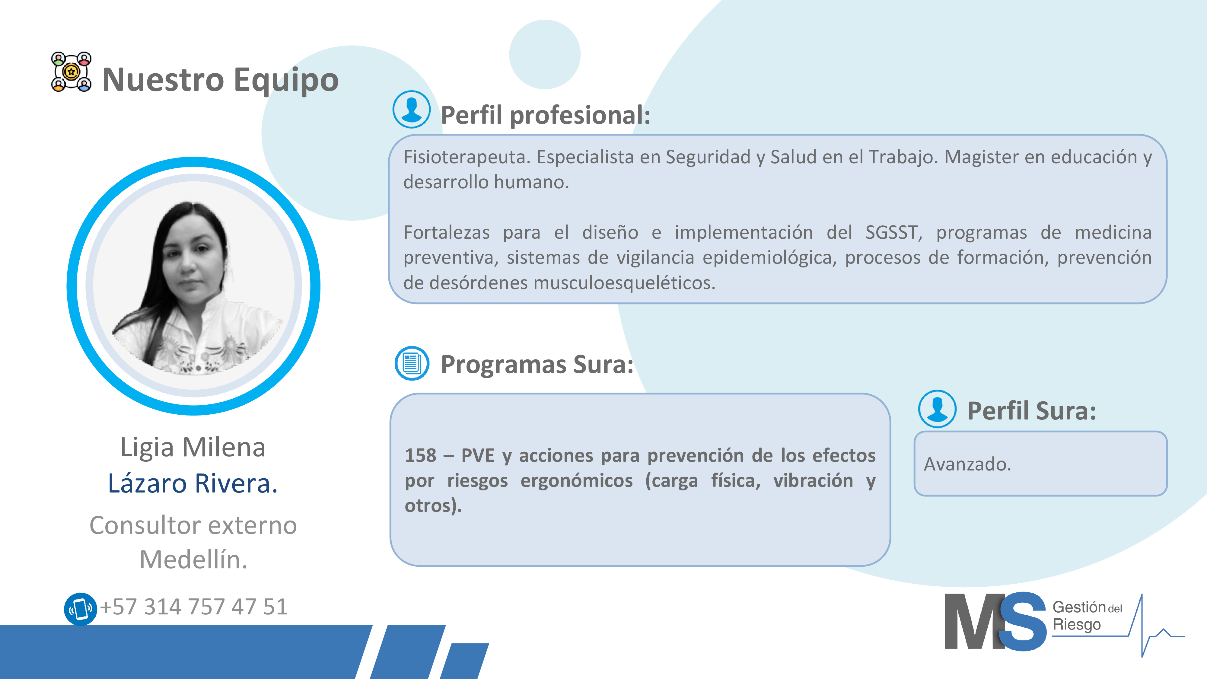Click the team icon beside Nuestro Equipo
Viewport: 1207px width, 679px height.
[x=71, y=72]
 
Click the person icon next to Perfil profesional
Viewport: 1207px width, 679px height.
[x=411, y=109]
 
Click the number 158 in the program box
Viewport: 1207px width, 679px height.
[x=420, y=455]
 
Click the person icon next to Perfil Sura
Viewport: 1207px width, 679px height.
[x=937, y=409]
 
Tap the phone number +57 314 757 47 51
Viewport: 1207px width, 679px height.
[x=193, y=607]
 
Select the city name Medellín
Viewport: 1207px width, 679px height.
[x=193, y=559]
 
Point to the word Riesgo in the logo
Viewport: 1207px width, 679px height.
[x=1076, y=625]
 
